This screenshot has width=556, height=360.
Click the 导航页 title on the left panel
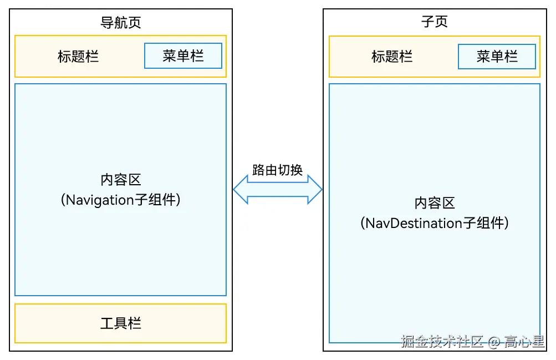[120, 23]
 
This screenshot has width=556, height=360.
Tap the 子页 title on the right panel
[434, 22]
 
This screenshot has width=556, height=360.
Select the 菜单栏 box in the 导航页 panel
[183, 56]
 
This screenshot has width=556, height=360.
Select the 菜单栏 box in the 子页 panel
[497, 57]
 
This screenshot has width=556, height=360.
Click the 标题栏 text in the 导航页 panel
[78, 57]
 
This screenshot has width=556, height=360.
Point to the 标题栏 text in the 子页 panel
[392, 57]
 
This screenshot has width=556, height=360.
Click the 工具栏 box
[120, 323]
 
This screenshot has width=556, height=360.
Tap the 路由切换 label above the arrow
[277, 170]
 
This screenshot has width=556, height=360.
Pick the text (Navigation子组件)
[120, 200]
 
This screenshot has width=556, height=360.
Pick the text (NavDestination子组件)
[434, 224]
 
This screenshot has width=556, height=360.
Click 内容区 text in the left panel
[120, 180]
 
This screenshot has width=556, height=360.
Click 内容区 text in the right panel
[434, 203]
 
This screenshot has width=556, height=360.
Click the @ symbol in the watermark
[494, 342]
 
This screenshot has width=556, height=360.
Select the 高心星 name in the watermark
[524, 342]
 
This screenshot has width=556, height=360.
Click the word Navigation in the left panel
[100, 200]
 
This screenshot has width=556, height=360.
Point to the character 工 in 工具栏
[107, 323]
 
